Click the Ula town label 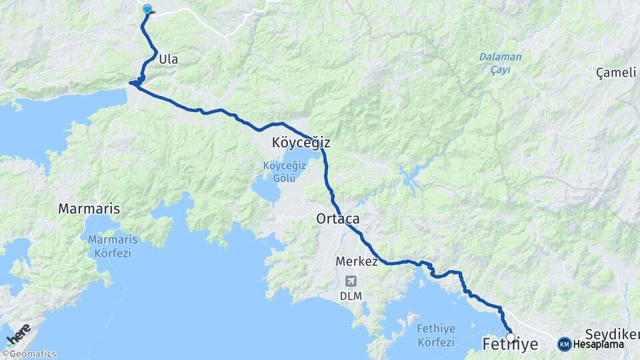169,59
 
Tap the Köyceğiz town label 301,143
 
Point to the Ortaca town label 338,219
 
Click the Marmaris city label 89,209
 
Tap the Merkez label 357,261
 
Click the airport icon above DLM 351,281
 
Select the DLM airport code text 351,295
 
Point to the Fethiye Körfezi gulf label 434,335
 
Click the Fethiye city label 510,344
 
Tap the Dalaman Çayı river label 500,63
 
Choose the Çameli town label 616,73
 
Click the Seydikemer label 611,333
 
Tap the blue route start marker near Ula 147,9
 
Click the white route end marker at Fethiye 511,337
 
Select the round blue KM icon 564,344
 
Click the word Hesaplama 598,345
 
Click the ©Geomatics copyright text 29,354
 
